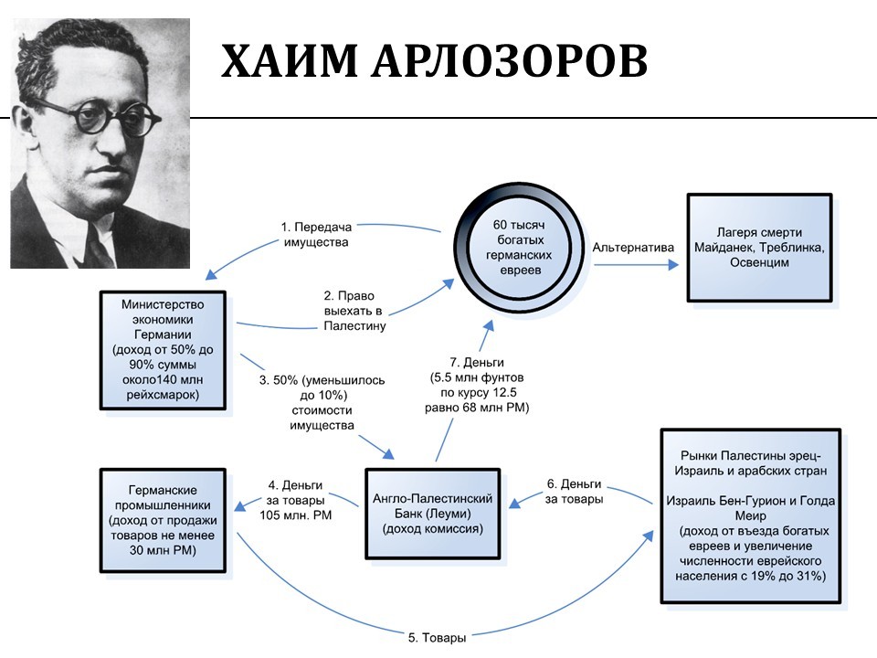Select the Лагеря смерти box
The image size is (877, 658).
tap(759, 247)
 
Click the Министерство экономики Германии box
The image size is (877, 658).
tap(162, 349)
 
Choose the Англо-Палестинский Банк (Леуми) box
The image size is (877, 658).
tap(433, 513)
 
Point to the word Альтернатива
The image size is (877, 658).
tap(633, 248)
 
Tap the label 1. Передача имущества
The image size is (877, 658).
tap(316, 235)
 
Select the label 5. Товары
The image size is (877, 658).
tap(438, 637)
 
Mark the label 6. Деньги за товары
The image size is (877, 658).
tap(574, 491)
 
